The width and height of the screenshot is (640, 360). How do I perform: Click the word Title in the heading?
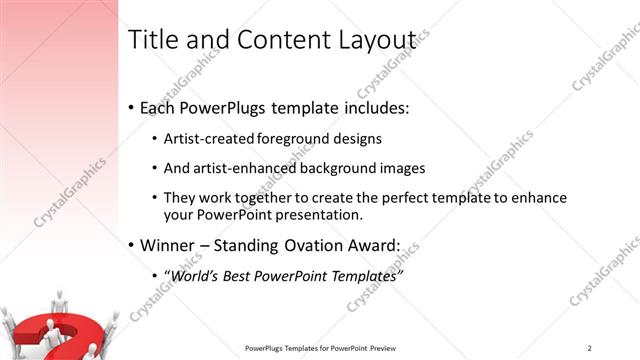tap(153, 40)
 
